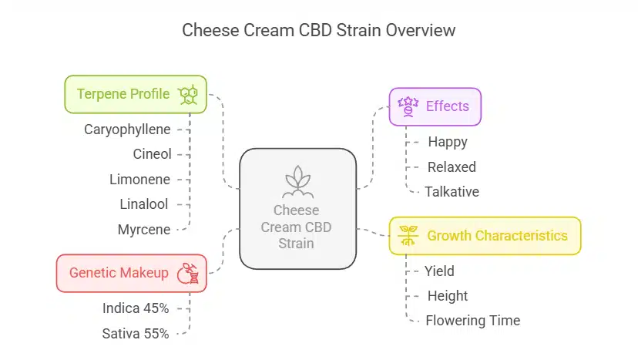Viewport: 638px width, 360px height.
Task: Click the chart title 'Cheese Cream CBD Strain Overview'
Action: [318, 31]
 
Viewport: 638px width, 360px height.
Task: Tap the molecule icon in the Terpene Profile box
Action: [188, 95]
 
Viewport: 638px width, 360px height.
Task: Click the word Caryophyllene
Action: [127, 130]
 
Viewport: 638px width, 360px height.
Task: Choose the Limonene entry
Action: [139, 179]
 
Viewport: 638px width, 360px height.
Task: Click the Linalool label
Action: [144, 204]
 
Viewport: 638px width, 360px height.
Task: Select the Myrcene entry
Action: [143, 229]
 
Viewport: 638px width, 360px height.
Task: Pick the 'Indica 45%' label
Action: [135, 308]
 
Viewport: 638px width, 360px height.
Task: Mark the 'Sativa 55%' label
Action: [136, 333]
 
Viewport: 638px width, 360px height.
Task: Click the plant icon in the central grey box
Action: [297, 182]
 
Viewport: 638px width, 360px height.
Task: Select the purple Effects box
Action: [435, 106]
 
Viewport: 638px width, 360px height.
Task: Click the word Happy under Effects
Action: [448, 142]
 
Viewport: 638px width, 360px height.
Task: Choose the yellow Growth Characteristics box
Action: [485, 236]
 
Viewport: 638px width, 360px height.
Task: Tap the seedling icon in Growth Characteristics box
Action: [408, 236]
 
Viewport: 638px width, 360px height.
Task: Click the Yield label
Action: [439, 271]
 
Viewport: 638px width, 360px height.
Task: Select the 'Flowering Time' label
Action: [472, 320]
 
